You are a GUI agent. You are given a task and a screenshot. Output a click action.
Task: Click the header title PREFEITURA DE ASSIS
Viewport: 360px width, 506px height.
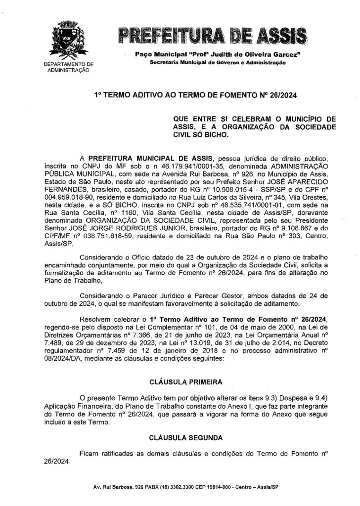coord(211,36)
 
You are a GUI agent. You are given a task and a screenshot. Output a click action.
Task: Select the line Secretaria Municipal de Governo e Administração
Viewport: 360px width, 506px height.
coord(217,62)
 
